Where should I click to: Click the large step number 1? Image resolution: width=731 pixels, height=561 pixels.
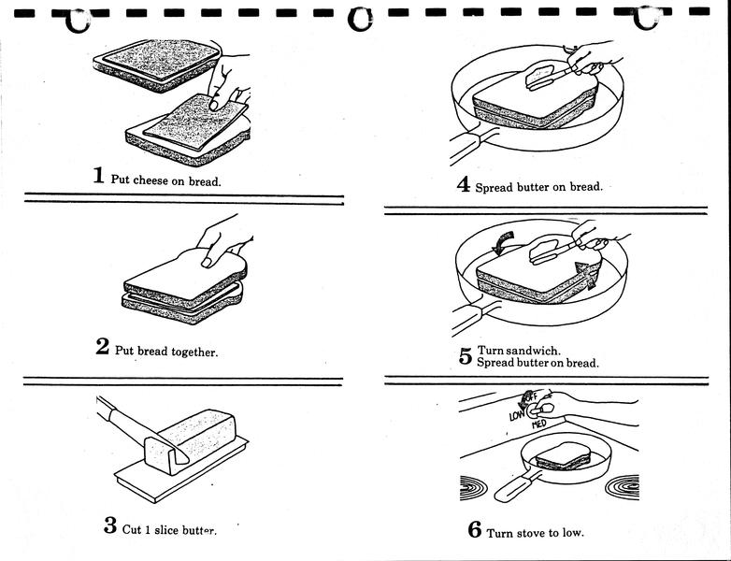click(x=98, y=175)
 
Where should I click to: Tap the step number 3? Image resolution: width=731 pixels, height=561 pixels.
click(x=109, y=525)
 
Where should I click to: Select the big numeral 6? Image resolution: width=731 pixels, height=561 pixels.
click(x=474, y=530)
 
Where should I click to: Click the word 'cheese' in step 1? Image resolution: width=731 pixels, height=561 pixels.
click(x=147, y=180)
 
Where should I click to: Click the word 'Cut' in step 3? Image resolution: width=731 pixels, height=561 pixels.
click(x=133, y=528)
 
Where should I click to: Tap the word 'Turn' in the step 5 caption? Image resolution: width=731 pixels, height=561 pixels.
click(x=492, y=350)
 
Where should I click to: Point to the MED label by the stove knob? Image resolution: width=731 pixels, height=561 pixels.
click(x=539, y=425)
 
